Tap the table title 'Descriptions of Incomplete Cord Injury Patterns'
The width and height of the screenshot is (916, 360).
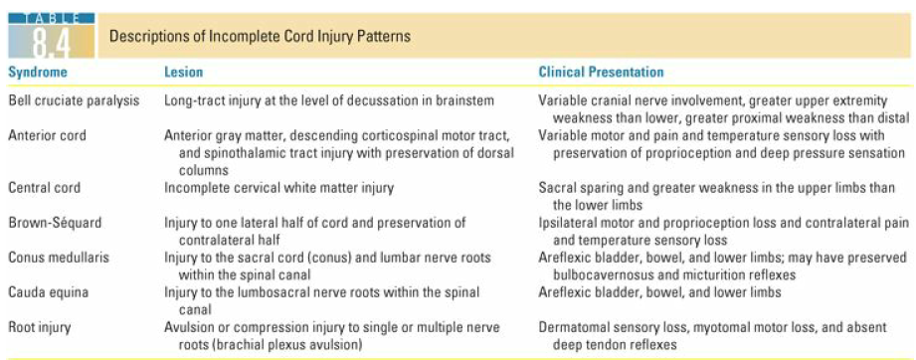click(x=260, y=37)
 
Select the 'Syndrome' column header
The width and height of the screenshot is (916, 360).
click(x=38, y=73)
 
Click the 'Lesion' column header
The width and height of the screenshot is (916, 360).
click(x=183, y=73)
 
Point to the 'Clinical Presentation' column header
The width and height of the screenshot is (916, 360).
click(x=601, y=73)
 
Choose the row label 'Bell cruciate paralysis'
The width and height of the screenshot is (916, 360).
click(x=74, y=100)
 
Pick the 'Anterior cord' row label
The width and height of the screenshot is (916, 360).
click(x=47, y=135)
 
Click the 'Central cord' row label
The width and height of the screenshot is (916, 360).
click(x=45, y=187)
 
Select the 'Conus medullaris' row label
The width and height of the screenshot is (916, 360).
click(x=58, y=257)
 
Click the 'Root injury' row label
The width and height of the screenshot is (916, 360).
click(x=42, y=327)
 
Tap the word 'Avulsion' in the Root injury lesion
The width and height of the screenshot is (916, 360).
click(x=188, y=327)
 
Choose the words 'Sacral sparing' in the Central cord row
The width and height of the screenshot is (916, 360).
click(x=578, y=187)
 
